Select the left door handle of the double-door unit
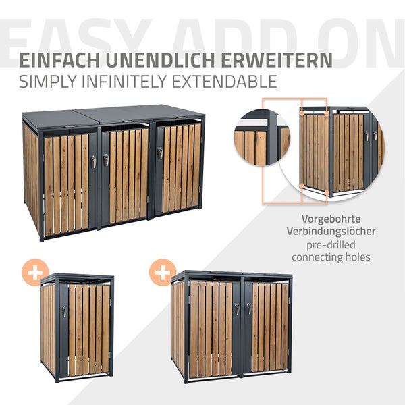(x=237, y=309)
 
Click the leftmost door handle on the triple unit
(x=93, y=161)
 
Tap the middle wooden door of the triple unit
(x=128, y=175)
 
